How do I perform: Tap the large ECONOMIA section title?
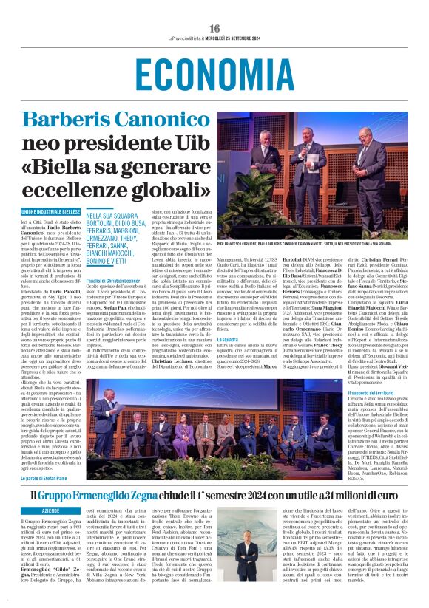point(214,75)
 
